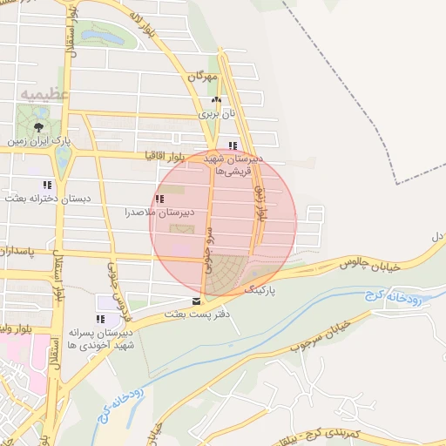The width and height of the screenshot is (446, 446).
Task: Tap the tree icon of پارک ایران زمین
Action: [x=37, y=126]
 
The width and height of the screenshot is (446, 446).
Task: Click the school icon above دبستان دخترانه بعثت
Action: [x=47, y=185]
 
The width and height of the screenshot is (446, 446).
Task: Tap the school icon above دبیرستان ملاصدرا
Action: [x=159, y=199]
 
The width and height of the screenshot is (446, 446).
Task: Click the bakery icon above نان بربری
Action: [x=216, y=101]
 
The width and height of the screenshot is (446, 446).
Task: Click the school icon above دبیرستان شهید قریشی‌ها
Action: [x=232, y=145]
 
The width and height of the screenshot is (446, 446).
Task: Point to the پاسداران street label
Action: [x=17, y=251]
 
